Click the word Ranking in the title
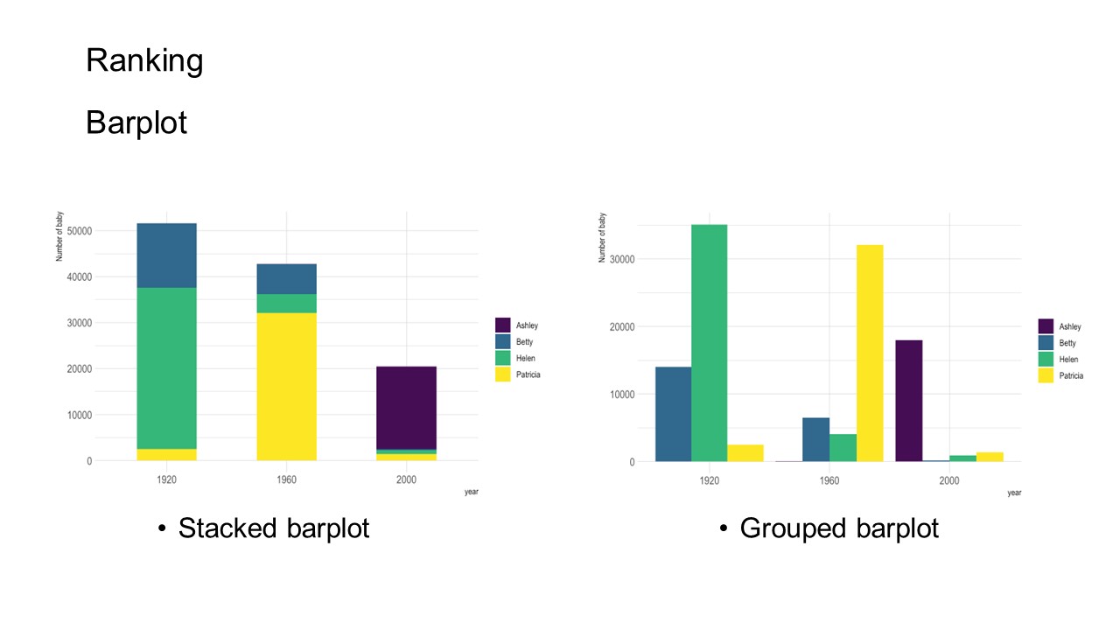[x=144, y=60]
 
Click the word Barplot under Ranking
[x=136, y=122]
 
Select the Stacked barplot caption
[x=274, y=528]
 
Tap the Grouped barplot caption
[x=839, y=528]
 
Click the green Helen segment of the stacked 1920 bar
[x=166, y=367]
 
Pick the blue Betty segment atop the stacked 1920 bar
[x=166, y=255]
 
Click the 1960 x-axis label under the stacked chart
[x=286, y=479]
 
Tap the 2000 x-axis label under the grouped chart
[x=949, y=480]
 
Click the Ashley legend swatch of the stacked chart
[x=502, y=325]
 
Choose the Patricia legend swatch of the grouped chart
[x=1046, y=375]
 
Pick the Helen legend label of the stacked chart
[x=526, y=359]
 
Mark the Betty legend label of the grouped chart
[x=1067, y=343]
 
